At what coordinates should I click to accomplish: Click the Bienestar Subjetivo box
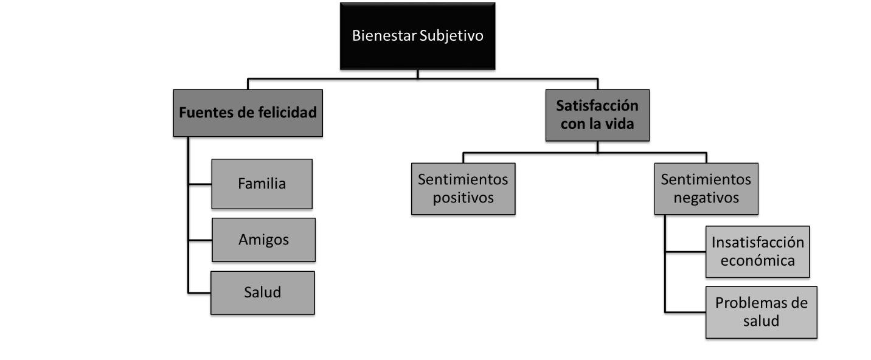(x=417, y=36)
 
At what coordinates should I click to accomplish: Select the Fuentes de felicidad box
(x=248, y=113)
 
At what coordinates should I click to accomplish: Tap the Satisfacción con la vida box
(x=597, y=115)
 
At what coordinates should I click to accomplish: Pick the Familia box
(x=262, y=184)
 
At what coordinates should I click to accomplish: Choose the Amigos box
(x=263, y=240)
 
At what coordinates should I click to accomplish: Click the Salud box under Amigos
(x=262, y=292)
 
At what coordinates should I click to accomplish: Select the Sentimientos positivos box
(x=463, y=189)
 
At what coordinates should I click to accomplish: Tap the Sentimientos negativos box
(x=706, y=189)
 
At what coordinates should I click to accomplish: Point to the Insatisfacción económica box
(x=757, y=252)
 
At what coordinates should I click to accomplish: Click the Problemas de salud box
(x=761, y=311)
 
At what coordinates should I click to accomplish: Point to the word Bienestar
(x=384, y=36)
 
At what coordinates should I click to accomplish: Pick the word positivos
(x=463, y=198)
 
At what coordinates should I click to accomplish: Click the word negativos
(x=706, y=198)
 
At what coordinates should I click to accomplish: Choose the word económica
(x=757, y=261)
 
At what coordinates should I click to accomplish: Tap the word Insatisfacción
(x=757, y=243)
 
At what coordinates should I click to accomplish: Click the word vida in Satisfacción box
(x=621, y=124)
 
